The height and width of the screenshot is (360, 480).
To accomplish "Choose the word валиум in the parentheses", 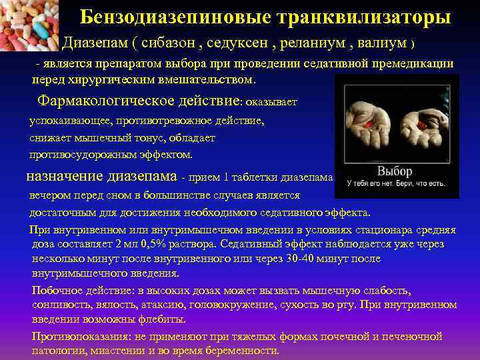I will click(x=381, y=43).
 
